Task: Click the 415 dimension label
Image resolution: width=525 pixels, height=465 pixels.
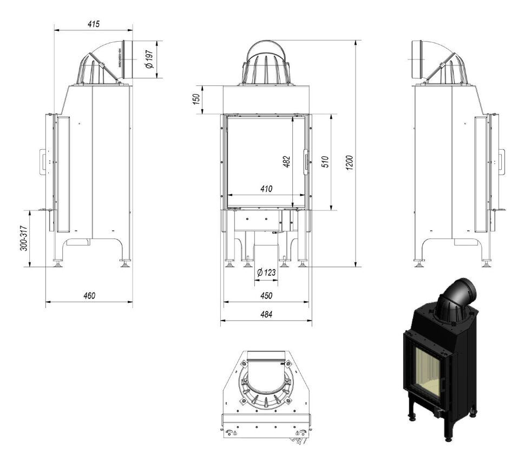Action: [x=93, y=24]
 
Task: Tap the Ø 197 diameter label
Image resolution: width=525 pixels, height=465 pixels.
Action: [x=149, y=59]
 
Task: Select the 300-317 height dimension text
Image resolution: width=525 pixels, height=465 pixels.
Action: [x=22, y=238]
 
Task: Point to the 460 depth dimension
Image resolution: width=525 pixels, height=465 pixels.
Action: [x=89, y=296]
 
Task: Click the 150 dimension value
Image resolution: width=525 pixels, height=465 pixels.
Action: [x=196, y=99]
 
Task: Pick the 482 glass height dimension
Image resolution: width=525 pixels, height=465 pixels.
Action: [x=287, y=162]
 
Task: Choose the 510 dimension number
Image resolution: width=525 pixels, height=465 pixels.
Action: [x=325, y=162]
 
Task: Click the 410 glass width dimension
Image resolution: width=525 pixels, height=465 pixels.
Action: [x=266, y=189]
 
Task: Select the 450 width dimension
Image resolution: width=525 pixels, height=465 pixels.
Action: [x=266, y=296]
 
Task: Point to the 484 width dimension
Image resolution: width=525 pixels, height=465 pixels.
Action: [x=266, y=314]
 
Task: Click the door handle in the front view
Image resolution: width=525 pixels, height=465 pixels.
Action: [x=306, y=161]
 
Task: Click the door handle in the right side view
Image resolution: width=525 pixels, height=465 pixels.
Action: [x=501, y=161]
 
